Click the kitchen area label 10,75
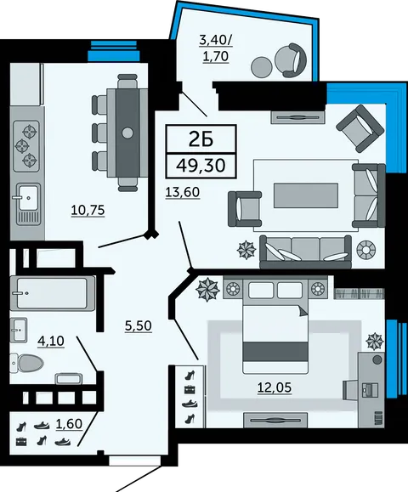(88, 210)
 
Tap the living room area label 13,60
(183, 192)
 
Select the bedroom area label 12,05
(275, 387)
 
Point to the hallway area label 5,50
(139, 326)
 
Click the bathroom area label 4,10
(51, 341)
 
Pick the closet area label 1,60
(69, 424)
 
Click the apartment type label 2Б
(201, 139)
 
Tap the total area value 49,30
(201, 166)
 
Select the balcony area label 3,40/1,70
(216, 48)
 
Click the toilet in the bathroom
(26, 364)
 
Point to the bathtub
(53, 293)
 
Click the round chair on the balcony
(291, 60)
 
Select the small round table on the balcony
(262, 66)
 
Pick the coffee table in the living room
(306, 195)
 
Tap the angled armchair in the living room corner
(360, 128)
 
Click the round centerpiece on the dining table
(127, 133)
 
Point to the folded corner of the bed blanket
(303, 311)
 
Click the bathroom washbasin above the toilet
(19, 330)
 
